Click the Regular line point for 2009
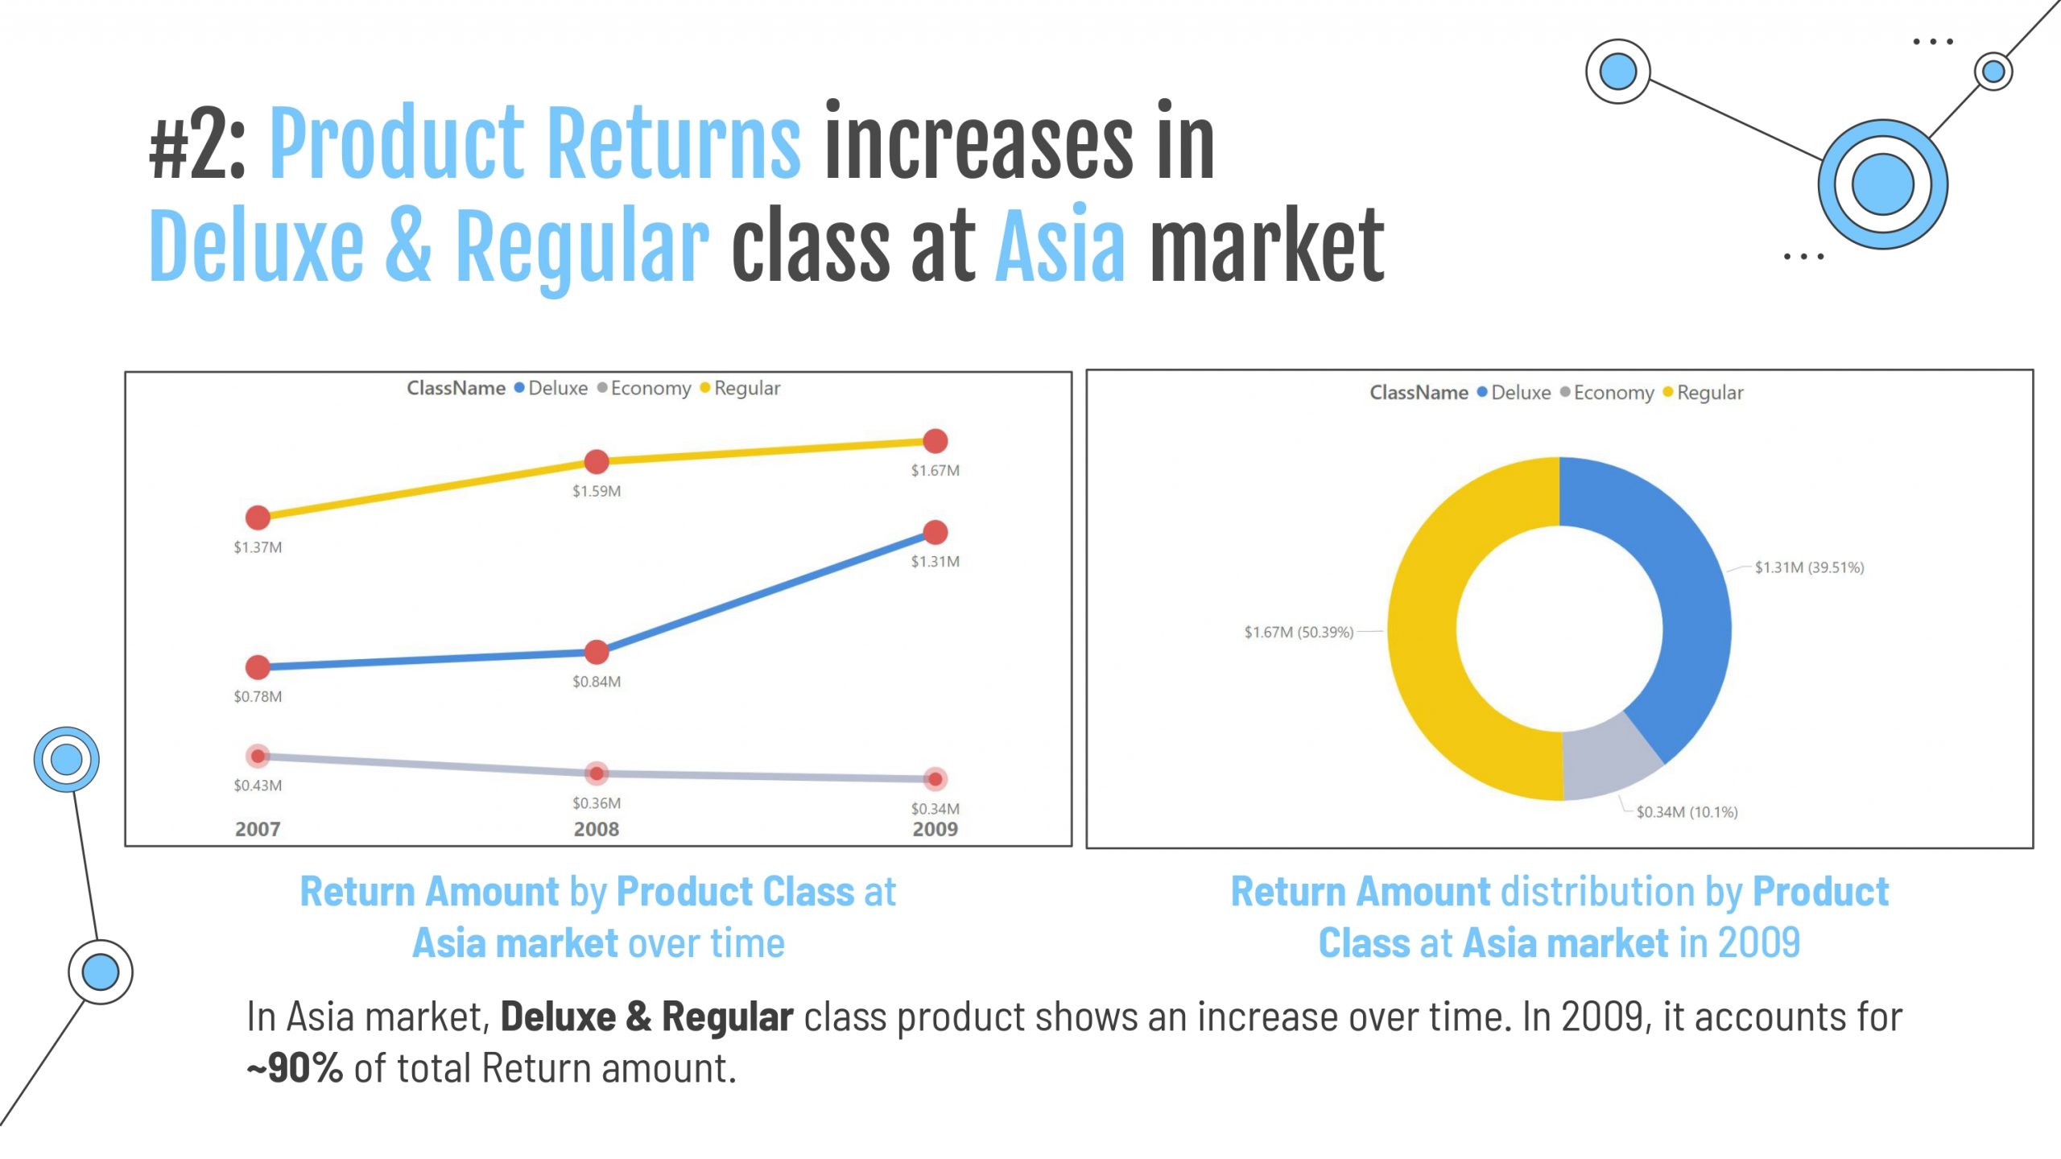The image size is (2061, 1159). point(935,441)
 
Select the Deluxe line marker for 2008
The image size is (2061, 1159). point(596,652)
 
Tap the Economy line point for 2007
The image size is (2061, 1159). point(258,756)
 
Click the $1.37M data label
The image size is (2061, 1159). point(258,547)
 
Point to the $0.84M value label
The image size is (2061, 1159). point(596,682)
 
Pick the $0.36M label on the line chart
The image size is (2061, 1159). point(596,803)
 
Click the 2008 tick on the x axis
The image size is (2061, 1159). point(596,829)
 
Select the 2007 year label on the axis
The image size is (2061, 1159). point(258,829)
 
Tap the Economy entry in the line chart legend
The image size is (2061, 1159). point(650,388)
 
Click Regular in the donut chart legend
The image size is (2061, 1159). point(1709,393)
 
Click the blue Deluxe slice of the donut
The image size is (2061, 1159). point(1679,596)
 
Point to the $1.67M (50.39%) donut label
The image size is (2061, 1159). point(1299,633)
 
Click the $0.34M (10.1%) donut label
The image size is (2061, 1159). point(1687,812)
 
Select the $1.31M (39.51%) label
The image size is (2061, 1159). point(1809,567)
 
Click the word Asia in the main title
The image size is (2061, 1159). point(1060,245)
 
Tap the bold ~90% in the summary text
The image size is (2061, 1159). point(295,1069)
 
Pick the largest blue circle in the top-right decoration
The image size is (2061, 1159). point(1882,184)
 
